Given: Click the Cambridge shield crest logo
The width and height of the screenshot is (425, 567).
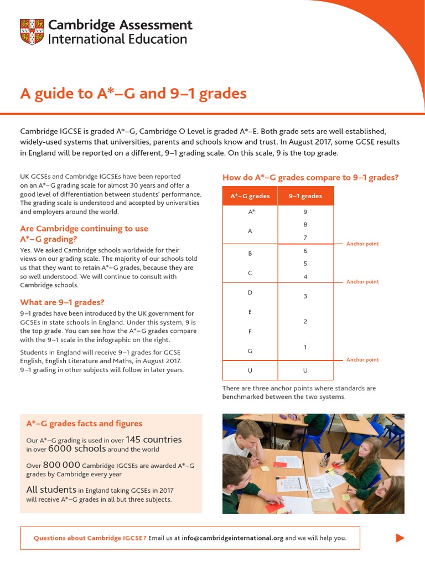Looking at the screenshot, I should click(32, 32).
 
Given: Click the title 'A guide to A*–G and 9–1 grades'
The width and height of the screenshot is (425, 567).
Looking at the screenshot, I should click(133, 94).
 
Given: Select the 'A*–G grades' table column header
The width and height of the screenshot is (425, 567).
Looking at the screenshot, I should click(250, 196).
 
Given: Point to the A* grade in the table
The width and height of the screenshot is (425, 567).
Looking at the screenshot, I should click(251, 212).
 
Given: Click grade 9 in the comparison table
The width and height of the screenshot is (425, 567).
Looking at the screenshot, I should click(305, 212).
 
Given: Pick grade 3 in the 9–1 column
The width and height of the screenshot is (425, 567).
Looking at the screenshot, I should click(305, 296).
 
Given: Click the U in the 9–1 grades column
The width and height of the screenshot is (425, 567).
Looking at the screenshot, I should click(305, 370).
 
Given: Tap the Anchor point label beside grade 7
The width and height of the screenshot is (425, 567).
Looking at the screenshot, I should click(362, 244).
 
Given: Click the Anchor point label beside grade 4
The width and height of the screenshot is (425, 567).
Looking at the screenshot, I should click(362, 282).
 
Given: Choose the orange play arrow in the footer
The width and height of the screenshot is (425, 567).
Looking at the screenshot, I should click(400, 538).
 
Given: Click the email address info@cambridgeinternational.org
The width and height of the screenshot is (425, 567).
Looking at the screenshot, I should click(232, 538).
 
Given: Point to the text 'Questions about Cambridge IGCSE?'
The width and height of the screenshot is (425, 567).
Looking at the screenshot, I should click(90, 538).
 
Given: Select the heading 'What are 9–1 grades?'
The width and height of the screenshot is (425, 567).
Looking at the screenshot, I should click(62, 302).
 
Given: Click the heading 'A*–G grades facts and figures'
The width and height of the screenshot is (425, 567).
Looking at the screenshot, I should click(84, 424).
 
